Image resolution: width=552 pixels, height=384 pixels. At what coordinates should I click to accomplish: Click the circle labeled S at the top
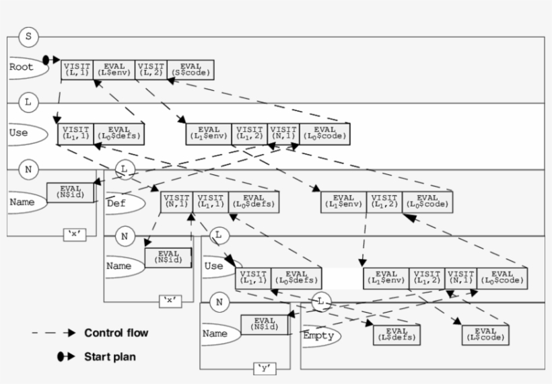point(28,36)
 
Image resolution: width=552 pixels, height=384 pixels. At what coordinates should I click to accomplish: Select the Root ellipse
point(23,67)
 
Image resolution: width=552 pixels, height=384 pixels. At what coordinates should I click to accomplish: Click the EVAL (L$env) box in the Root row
point(113,69)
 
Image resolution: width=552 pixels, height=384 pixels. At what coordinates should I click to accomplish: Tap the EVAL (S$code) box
point(191,69)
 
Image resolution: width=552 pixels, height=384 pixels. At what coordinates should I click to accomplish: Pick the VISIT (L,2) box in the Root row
point(151,69)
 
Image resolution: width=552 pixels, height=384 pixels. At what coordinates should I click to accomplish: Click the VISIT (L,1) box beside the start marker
point(77,69)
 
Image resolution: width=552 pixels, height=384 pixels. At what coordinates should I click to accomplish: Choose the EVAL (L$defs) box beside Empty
point(396,334)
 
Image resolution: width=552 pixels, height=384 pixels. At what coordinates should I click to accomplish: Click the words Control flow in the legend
point(116,333)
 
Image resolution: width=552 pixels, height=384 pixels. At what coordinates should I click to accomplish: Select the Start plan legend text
point(110,356)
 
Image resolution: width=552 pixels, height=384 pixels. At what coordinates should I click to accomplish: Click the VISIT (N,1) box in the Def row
point(176,201)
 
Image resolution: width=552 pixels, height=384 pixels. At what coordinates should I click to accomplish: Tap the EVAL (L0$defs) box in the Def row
point(254,201)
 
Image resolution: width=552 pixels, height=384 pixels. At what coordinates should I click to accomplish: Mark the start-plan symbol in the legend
point(65,356)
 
